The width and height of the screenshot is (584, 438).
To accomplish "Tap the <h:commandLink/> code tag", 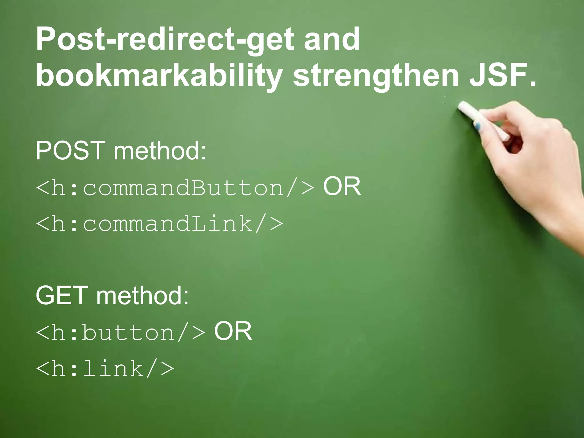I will pos(159,224).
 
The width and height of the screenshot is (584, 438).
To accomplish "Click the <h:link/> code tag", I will pos(105,368).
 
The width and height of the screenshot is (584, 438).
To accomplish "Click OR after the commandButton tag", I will pos(342,186).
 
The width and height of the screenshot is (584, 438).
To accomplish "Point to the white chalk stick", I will pos(482,120).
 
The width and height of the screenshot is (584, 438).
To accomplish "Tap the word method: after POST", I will pos(160,151).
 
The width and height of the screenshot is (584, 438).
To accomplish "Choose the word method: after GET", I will pos(142,295).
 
